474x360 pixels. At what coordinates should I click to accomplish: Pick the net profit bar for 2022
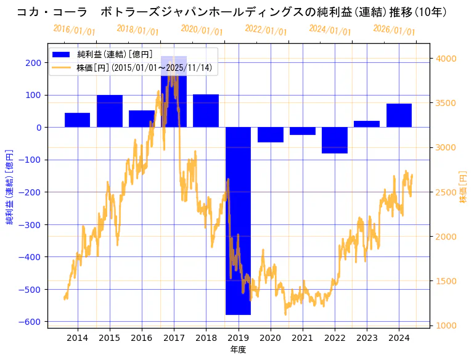pos(335,140)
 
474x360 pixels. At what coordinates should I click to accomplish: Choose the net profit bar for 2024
pos(399,116)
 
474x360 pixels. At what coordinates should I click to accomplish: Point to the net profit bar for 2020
pos(270,134)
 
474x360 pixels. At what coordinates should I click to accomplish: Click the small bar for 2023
pos(367,124)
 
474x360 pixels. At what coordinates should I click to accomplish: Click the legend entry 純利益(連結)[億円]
pos(114,54)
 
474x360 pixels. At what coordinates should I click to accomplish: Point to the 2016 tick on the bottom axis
pos(141,338)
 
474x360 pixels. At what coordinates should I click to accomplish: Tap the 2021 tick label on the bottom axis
pos(302,338)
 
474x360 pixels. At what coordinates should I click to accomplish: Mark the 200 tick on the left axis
pos(33,62)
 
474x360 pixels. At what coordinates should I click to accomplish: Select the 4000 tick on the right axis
pos(447,59)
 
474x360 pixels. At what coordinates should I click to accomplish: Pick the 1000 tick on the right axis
pos(447,325)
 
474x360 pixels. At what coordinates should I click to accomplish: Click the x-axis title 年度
pos(238,350)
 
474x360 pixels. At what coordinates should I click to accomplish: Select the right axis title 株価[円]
pos(464,187)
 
